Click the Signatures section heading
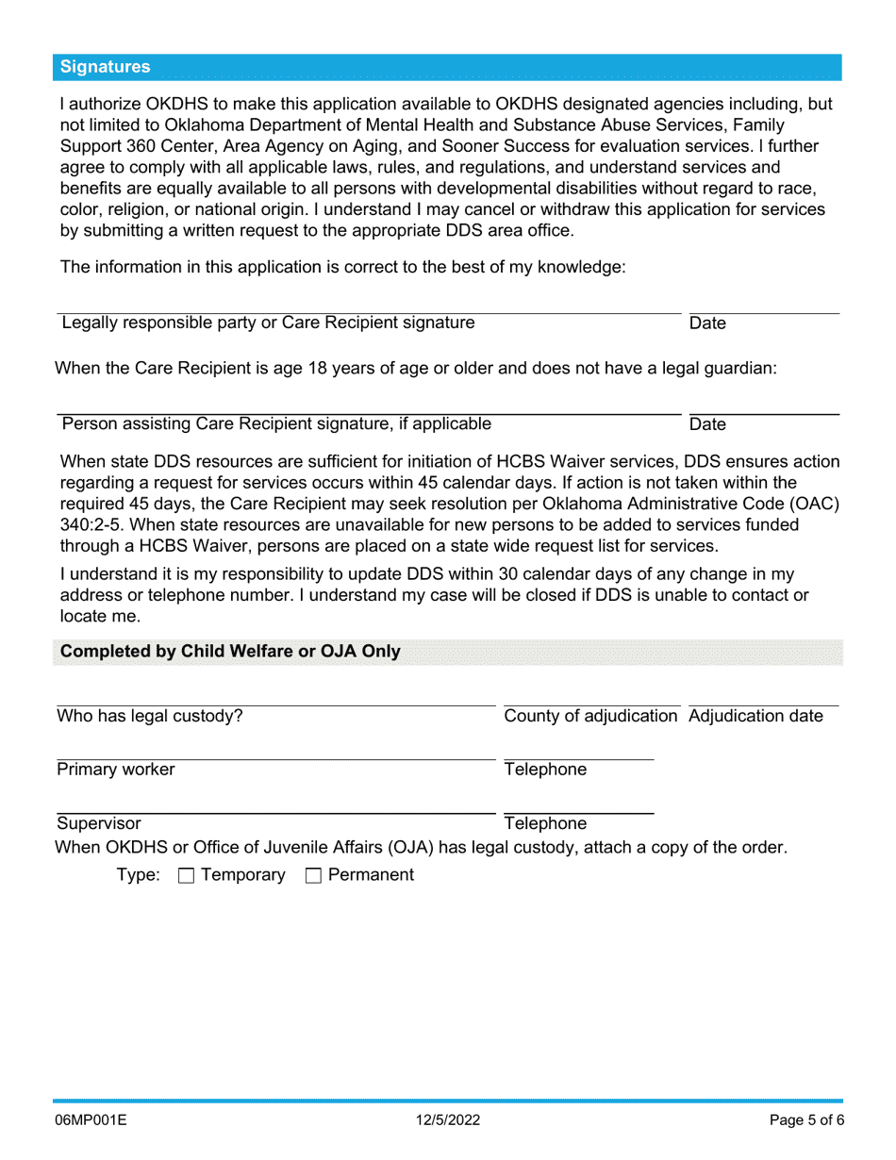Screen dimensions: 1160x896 point(105,67)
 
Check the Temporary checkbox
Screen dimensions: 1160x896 point(186,876)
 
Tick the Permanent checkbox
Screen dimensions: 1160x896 point(313,876)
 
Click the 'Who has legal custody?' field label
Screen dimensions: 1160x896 point(150,716)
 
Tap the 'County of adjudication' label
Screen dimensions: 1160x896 point(591,716)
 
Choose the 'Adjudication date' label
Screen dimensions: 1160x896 point(755,716)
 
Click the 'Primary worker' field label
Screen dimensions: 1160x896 point(116,770)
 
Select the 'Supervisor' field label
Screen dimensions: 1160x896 point(99,823)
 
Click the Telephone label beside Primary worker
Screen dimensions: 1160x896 point(545,770)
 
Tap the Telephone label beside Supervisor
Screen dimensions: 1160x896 point(545,823)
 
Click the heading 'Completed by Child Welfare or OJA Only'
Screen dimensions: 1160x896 point(230,652)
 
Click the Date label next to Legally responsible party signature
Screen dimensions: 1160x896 point(707,323)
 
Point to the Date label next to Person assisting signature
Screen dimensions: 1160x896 point(707,424)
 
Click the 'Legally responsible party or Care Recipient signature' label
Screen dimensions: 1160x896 point(268,323)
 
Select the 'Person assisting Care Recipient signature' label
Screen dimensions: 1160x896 point(275,423)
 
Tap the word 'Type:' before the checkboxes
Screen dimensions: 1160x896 point(139,875)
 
